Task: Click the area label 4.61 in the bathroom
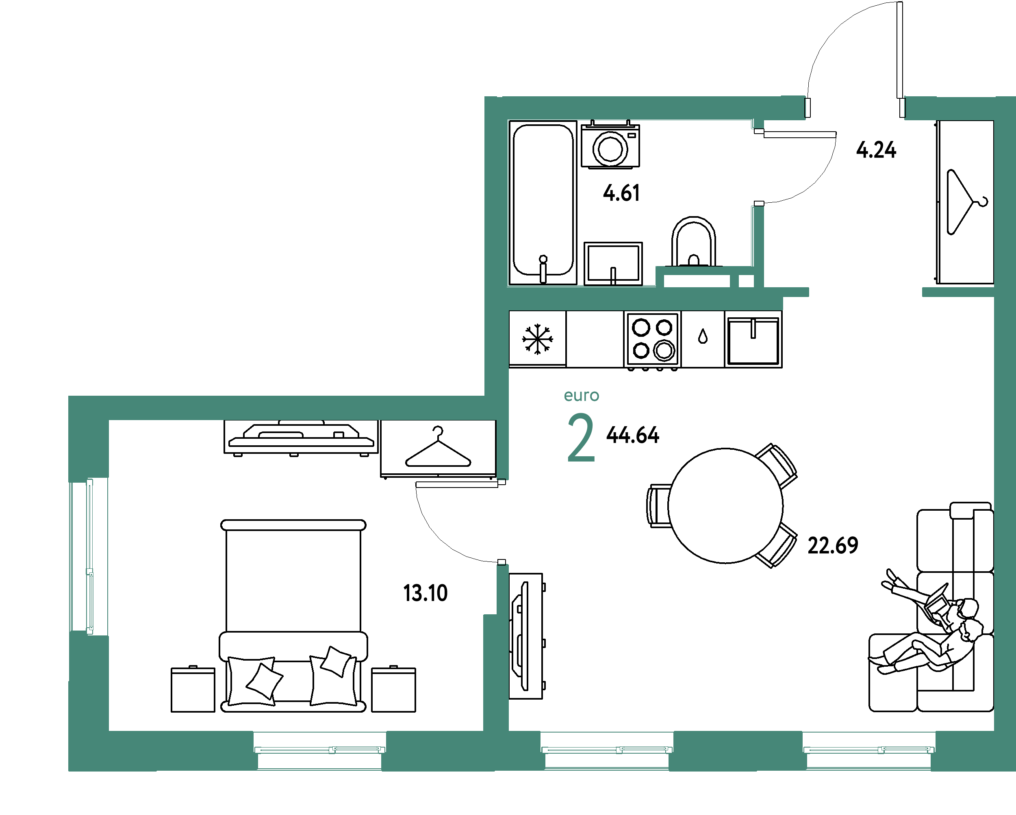[x=621, y=193]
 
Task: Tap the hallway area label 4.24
[x=876, y=150]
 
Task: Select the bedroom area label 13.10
[x=425, y=593]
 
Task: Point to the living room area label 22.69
[x=833, y=546]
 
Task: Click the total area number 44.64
[x=632, y=435]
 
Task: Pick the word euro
[x=582, y=396]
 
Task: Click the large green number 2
[x=581, y=438]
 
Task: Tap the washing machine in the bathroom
[x=610, y=145]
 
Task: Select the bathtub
[x=543, y=203]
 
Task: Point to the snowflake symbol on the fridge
[x=537, y=339]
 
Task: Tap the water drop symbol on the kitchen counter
[x=703, y=336]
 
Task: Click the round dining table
[x=726, y=505]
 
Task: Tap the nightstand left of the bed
[x=193, y=689]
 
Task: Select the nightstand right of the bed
[x=393, y=689]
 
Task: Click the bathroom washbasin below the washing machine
[x=613, y=263]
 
